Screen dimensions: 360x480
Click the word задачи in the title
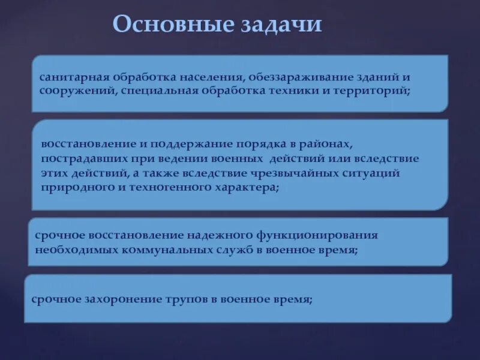click(281, 25)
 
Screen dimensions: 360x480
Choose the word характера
click(245, 187)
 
